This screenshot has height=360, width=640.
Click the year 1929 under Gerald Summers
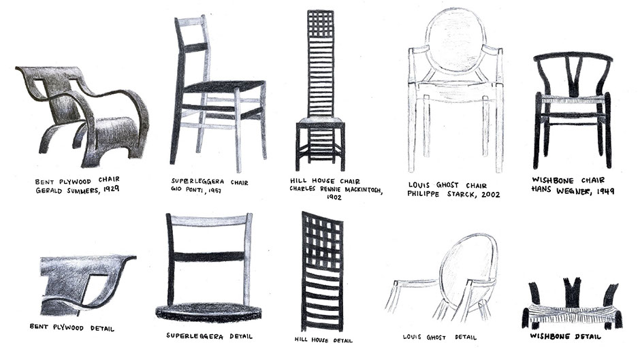pos(110,189)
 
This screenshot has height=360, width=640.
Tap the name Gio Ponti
pos(186,189)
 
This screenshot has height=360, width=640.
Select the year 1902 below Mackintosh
pos(334,197)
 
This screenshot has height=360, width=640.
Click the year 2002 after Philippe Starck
pos(490,194)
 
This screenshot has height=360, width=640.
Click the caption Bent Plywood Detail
pos(72,327)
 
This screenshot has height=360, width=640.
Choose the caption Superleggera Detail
pos(209,336)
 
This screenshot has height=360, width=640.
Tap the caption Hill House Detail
pos(323,340)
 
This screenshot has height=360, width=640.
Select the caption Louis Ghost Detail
pos(439,337)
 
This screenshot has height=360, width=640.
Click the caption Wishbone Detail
pos(565,336)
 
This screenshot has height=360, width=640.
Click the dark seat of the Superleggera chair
pos(225,86)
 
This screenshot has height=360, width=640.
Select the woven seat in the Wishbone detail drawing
pos(571,315)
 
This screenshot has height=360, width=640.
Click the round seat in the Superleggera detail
pos(208,312)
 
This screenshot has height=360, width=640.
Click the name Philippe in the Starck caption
pos(423,193)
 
